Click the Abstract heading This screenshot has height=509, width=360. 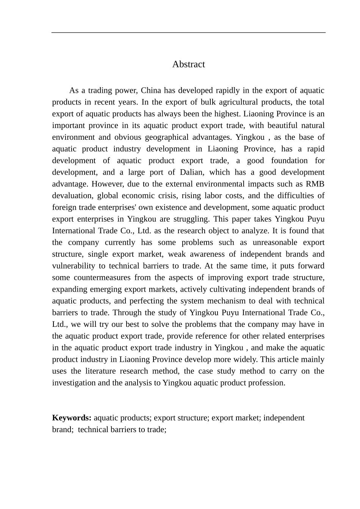click(x=188, y=64)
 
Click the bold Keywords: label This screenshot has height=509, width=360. click(x=72, y=418)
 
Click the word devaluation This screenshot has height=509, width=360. click(x=72, y=196)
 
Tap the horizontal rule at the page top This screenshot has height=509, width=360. click(x=188, y=33)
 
